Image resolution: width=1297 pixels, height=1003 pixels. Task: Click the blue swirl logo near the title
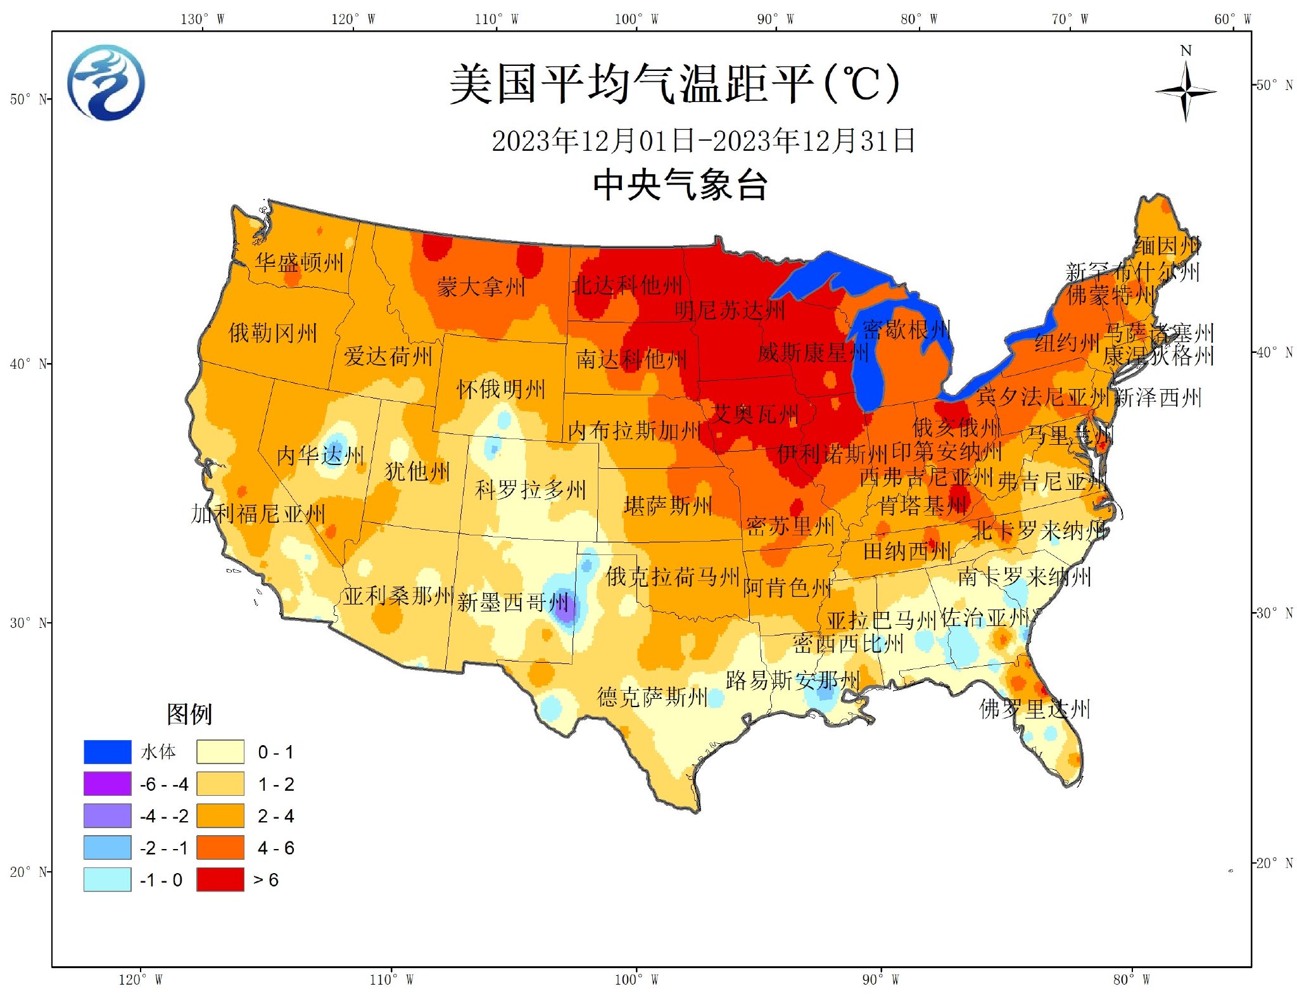pos(106,82)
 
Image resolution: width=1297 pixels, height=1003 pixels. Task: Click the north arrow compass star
pos(1185,92)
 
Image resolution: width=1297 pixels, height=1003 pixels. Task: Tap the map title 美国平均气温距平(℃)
pos(674,84)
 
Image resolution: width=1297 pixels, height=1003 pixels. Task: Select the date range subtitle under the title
pos(703,141)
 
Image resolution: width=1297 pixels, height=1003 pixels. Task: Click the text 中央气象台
pos(680,185)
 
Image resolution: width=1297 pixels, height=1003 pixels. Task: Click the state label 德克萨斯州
pos(652,697)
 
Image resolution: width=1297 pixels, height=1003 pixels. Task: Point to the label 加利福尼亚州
pos(258,513)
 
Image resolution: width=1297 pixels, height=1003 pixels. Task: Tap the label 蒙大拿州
pos(481,287)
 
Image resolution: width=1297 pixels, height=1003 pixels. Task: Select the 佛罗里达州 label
pos(1034,708)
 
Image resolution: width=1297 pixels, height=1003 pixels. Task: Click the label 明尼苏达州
pos(730,310)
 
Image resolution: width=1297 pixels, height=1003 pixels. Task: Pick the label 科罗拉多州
pos(531,489)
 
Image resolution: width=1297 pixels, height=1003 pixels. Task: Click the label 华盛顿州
pos(300,262)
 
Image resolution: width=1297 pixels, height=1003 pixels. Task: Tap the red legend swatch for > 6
pos(220,879)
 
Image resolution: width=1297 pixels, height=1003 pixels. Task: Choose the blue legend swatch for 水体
pos(107,751)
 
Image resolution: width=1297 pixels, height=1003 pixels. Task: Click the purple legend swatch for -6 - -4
pos(107,784)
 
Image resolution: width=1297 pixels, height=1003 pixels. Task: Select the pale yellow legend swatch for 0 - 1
pos(220,751)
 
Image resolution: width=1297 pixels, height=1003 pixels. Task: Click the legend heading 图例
pos(189,714)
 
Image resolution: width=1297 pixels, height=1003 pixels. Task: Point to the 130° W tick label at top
pos(202,19)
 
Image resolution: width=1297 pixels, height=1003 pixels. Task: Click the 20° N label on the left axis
pos(28,872)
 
